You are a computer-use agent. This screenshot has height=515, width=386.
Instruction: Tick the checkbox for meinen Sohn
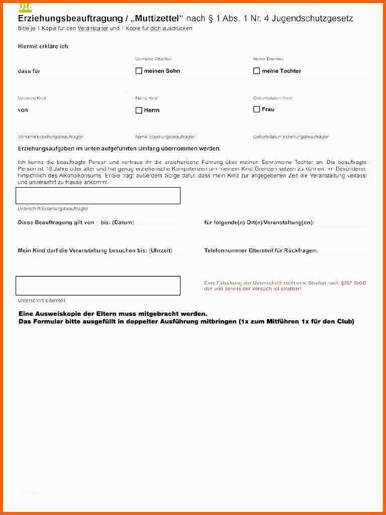pos(139,71)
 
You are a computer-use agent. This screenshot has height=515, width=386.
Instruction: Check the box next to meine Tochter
pos(256,71)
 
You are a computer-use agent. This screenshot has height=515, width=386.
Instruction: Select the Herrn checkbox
pos(139,110)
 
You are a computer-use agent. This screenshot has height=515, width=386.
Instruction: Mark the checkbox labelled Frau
pos(256,109)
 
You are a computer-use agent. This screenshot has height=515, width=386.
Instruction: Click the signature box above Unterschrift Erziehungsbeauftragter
pos(98,196)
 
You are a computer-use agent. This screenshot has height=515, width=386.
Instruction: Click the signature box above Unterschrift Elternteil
pos(98,285)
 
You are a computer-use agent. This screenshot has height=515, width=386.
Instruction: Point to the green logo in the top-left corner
pos(25,7)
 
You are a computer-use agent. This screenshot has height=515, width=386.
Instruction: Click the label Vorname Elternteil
pos(153,59)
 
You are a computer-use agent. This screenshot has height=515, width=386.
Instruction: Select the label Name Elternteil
pos(268,59)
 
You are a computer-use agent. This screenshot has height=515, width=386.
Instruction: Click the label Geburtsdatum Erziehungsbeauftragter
pos(291,137)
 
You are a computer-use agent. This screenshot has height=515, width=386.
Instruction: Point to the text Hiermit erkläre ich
pos(43,46)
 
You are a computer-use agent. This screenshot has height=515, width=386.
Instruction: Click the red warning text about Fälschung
pos(285,286)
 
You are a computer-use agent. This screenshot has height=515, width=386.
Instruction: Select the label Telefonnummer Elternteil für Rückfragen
pos(261,250)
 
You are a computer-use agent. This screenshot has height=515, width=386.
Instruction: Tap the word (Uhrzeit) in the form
pos(161,250)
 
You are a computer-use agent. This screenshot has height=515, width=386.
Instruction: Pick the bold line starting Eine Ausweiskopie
pos(113,314)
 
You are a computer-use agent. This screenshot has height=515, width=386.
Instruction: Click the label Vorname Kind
pos(32,98)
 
